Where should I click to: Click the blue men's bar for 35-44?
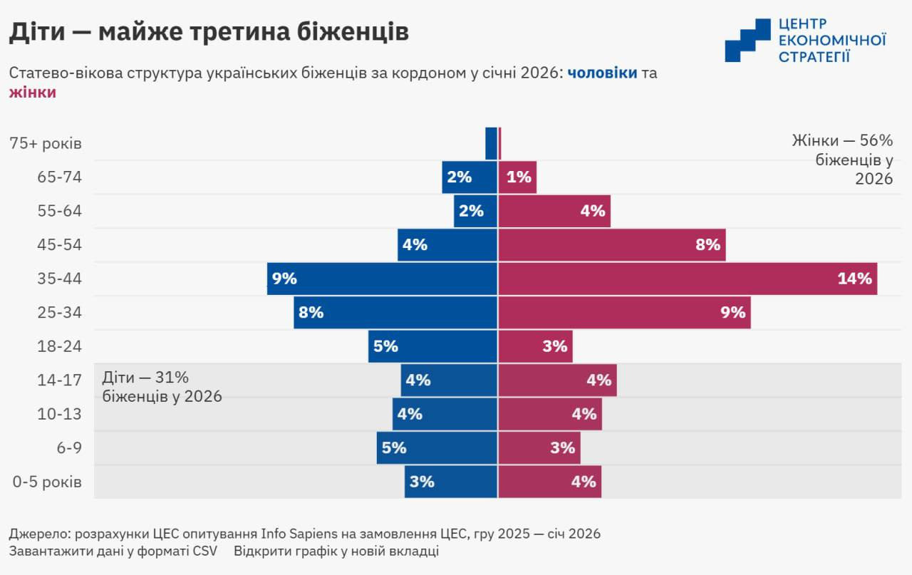click(x=382, y=279)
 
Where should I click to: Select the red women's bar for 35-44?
click(x=688, y=279)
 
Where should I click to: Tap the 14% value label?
click(x=854, y=279)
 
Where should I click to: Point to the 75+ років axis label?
click(x=46, y=143)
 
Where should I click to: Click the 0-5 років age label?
click(x=47, y=482)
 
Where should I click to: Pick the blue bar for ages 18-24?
click(x=432, y=346)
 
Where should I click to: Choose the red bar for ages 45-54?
click(x=611, y=245)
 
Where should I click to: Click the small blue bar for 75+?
click(x=491, y=143)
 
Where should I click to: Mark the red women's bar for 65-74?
click(x=517, y=177)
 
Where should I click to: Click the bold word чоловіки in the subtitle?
click(x=602, y=73)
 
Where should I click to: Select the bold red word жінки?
click(x=33, y=93)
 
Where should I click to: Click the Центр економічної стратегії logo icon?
click(x=747, y=40)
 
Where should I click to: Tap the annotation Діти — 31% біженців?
click(x=162, y=387)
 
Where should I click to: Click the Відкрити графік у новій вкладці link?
click(x=336, y=551)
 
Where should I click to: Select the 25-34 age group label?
click(x=60, y=313)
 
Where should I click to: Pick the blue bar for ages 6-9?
click(x=437, y=448)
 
